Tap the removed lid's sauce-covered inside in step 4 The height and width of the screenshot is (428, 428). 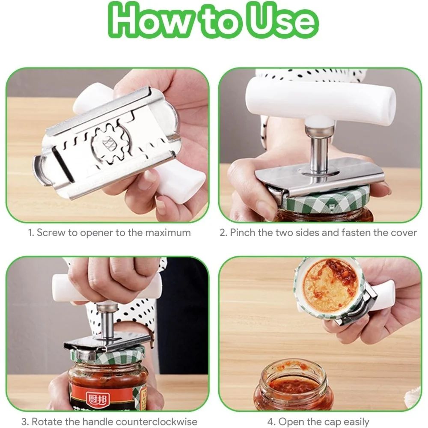pos(330,284)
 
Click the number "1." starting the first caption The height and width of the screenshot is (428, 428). pos(31,233)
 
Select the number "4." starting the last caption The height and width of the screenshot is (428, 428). pos(271,422)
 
